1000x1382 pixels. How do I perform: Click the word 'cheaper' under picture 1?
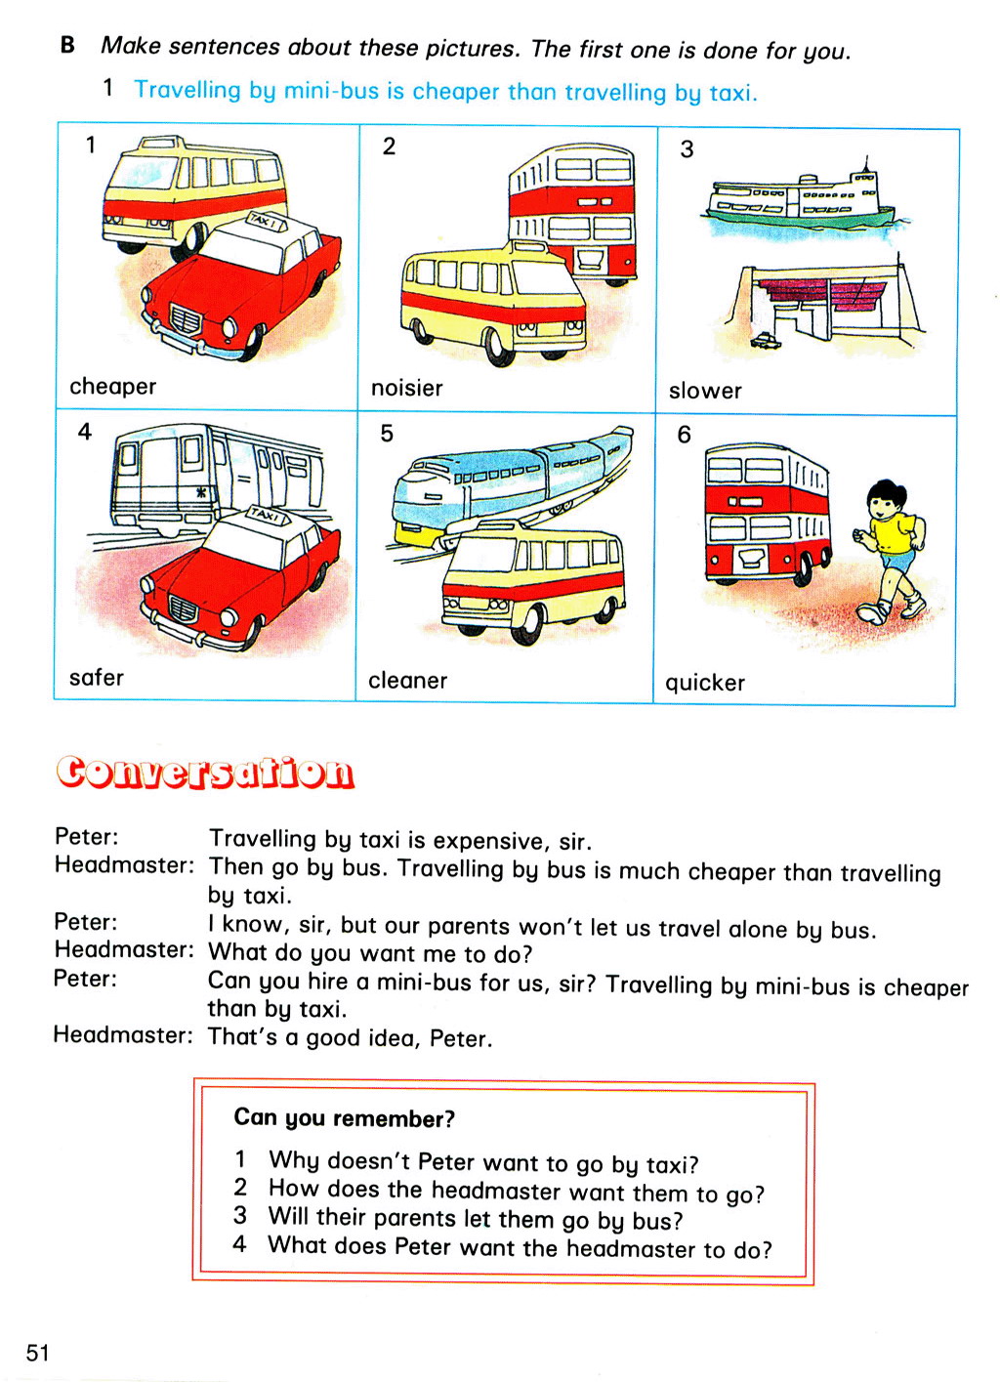pos(112,387)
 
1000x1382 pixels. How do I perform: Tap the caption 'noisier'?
pos(406,389)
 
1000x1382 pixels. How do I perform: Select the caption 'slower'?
pos(705,392)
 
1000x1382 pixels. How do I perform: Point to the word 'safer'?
pos(96,678)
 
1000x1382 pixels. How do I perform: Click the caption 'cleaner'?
pos(407,681)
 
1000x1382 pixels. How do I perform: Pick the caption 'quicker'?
pos(705,684)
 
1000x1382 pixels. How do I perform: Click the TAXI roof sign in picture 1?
pos(266,221)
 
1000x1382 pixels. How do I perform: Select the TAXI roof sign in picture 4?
pos(266,514)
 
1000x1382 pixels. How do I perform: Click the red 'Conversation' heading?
pos(205,772)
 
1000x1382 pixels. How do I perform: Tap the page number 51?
pos(37,1353)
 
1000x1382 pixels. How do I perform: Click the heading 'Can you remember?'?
pos(344,1118)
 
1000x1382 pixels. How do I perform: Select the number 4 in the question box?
pos(239,1244)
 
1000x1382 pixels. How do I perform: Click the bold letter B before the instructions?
pos(67,45)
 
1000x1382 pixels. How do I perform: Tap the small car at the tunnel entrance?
pos(767,340)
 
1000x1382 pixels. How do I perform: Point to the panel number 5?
pos(387,434)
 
